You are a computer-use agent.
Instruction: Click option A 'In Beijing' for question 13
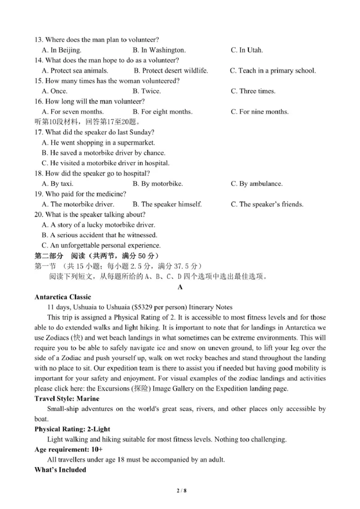pos(61,50)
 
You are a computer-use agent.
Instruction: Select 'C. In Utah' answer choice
pos(247,50)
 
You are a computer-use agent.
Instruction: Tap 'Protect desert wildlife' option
pos(171,71)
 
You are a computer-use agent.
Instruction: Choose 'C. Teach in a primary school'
pos(273,71)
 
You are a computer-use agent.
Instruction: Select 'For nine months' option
pos(259,112)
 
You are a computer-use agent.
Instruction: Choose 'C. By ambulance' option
pos(256,184)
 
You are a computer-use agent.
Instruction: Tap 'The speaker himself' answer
pos(167,204)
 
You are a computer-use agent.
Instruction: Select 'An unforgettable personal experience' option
pos(101,245)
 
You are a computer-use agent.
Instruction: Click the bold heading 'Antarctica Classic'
pos(63,297)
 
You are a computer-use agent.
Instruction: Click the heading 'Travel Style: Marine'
pos(67,399)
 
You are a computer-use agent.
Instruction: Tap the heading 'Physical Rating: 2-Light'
pos(72,429)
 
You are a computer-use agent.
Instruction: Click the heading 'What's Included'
pos(60,470)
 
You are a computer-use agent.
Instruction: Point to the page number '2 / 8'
pos(180,491)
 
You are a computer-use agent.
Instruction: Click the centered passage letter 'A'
pos(180,287)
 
